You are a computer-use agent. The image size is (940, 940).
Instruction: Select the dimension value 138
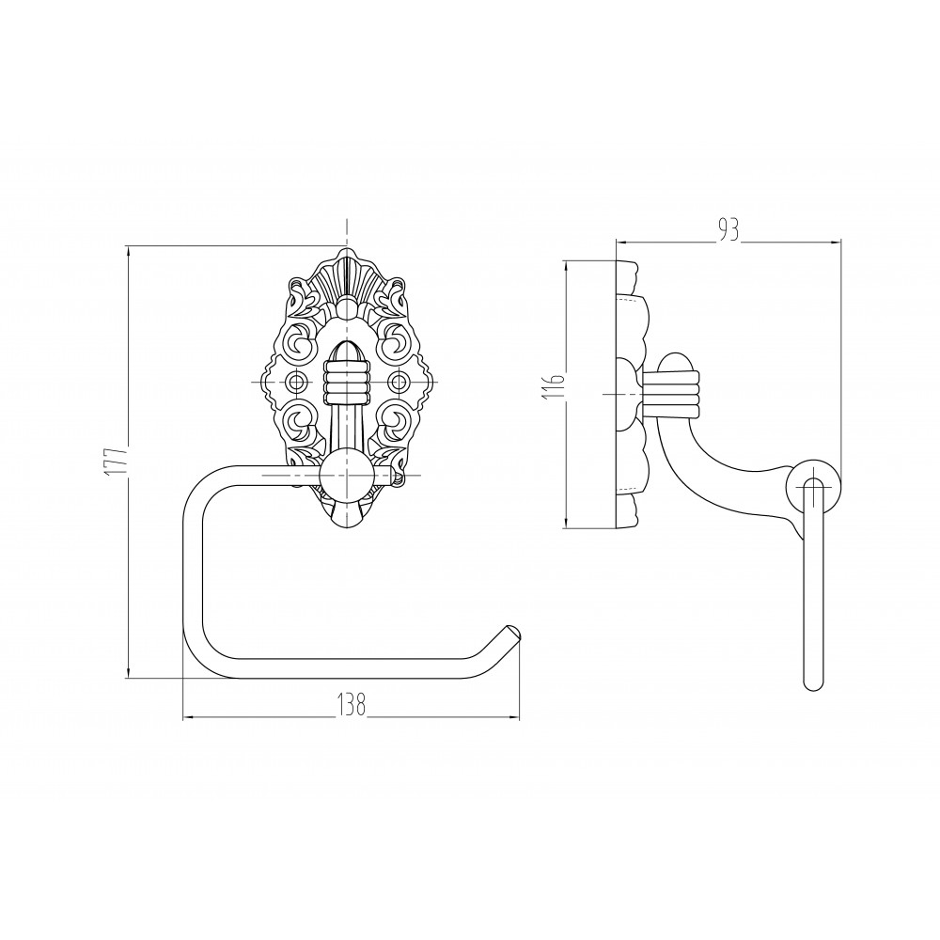pos(351,705)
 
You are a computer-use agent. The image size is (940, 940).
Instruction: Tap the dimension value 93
pos(728,231)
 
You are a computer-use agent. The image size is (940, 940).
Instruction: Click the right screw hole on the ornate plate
pos(398,381)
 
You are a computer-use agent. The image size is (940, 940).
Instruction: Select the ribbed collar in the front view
pos(347,383)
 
